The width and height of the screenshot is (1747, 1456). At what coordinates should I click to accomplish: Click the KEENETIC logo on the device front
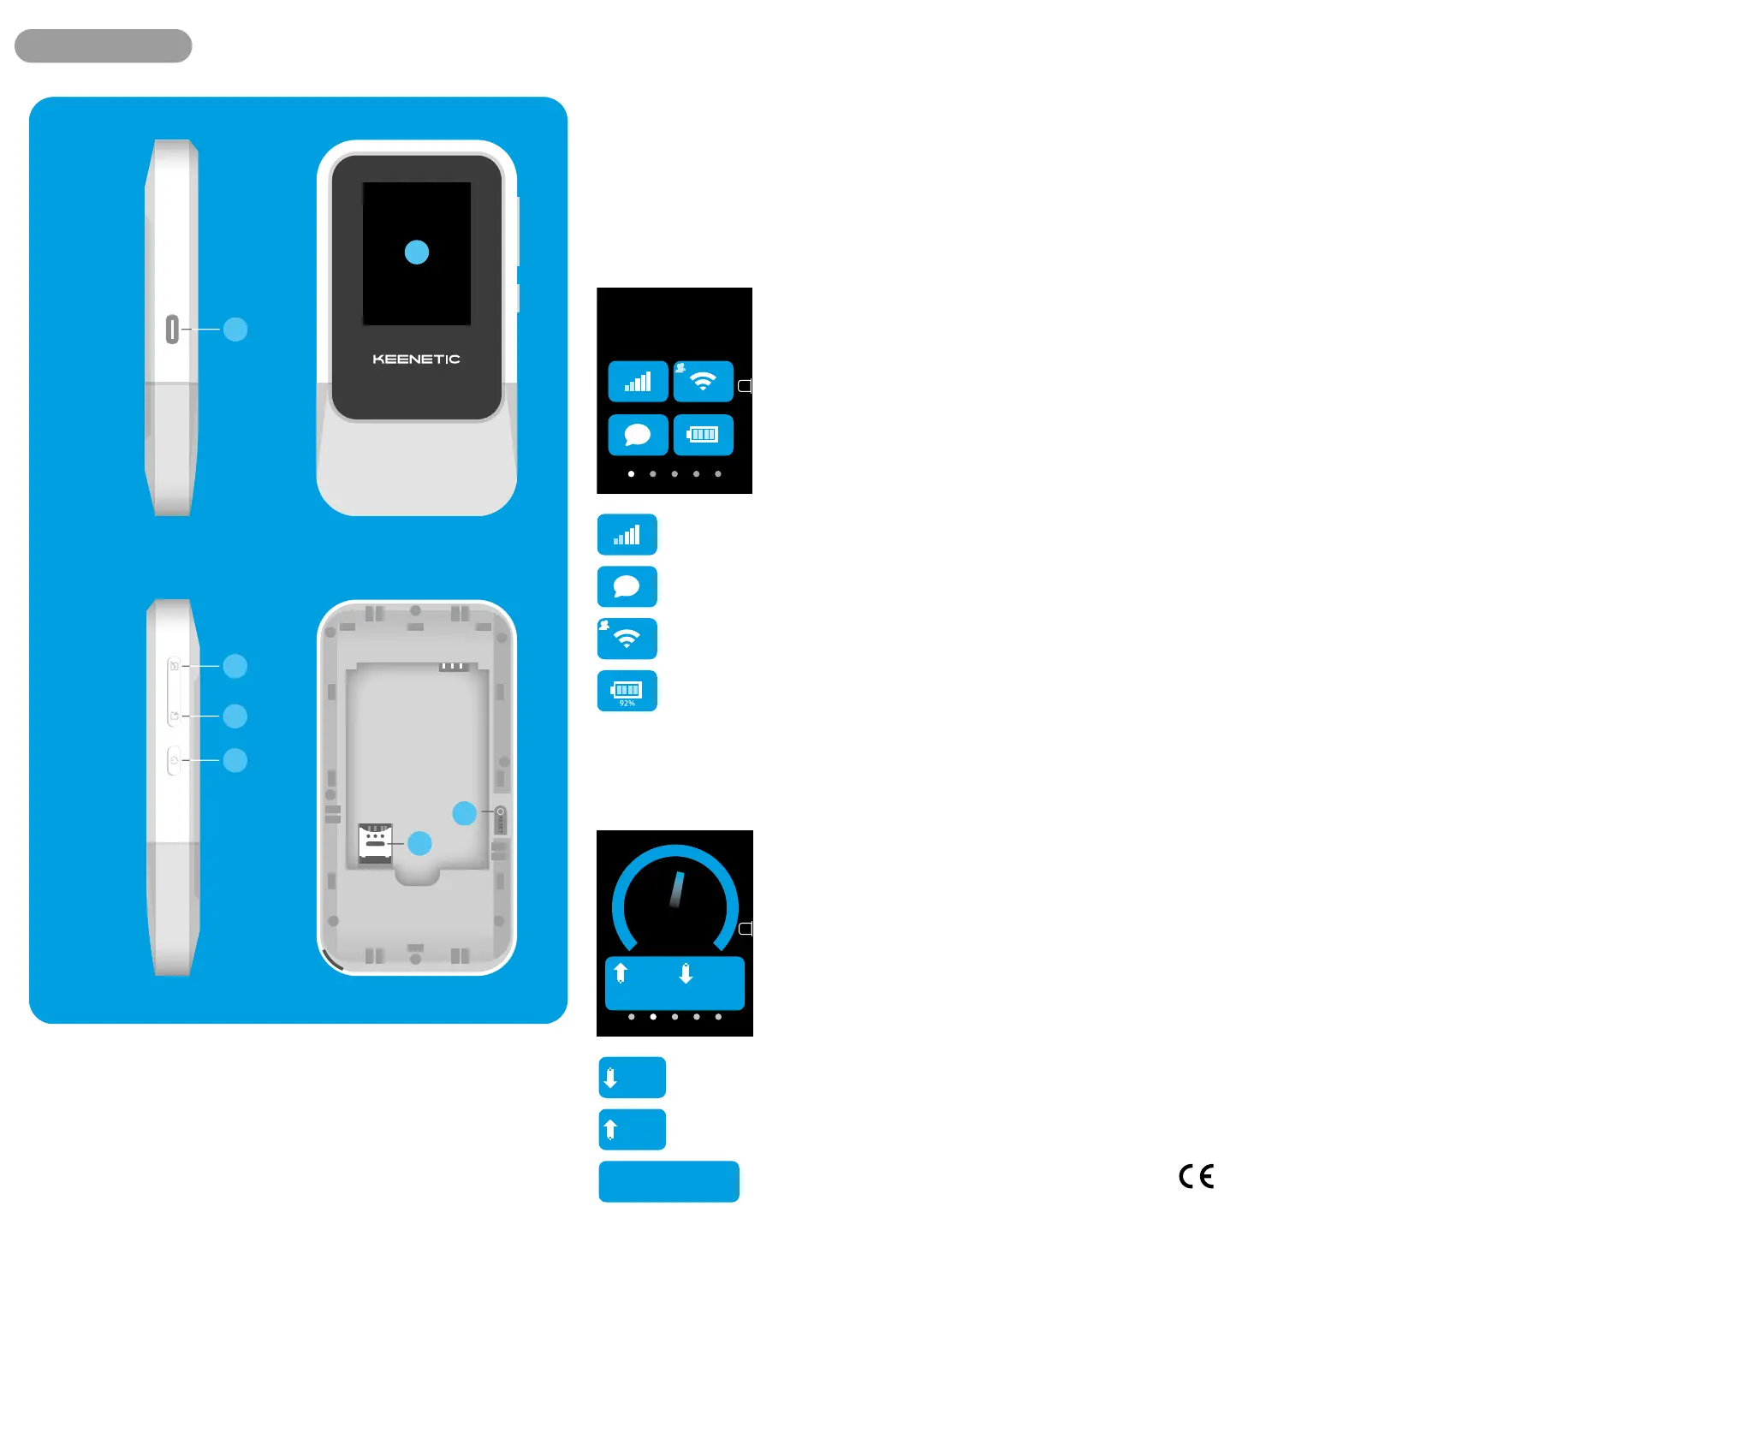click(416, 359)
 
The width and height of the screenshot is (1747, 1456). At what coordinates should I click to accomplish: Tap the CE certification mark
click(1196, 1176)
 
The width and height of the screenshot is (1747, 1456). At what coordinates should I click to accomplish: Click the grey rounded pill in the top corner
click(103, 45)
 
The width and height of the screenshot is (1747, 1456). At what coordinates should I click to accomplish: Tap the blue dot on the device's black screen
click(416, 252)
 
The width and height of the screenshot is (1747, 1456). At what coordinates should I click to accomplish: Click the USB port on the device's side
click(172, 329)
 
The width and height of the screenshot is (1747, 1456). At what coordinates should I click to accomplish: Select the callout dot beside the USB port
click(235, 329)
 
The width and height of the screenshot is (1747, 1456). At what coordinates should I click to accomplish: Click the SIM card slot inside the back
click(375, 842)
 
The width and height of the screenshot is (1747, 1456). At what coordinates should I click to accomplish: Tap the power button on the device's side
click(174, 760)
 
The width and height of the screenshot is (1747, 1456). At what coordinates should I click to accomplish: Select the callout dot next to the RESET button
click(464, 812)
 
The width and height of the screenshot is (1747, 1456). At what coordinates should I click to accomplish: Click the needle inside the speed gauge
click(676, 890)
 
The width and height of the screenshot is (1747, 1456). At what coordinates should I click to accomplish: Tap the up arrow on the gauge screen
click(621, 973)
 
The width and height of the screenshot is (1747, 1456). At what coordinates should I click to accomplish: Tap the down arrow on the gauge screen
click(686, 973)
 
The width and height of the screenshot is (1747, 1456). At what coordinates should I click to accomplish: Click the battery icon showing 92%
click(627, 691)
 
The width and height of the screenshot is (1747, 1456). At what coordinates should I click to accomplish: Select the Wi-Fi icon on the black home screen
click(703, 382)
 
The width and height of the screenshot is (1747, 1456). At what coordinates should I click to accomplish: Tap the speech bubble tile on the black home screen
click(638, 435)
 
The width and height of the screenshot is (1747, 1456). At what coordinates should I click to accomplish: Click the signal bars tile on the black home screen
click(638, 382)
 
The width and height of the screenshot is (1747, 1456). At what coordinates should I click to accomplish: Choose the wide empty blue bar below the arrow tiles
click(668, 1181)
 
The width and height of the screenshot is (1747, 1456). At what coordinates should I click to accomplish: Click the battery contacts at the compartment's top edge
click(453, 666)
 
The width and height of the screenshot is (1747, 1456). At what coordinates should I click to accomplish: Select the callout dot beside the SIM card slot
click(419, 843)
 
